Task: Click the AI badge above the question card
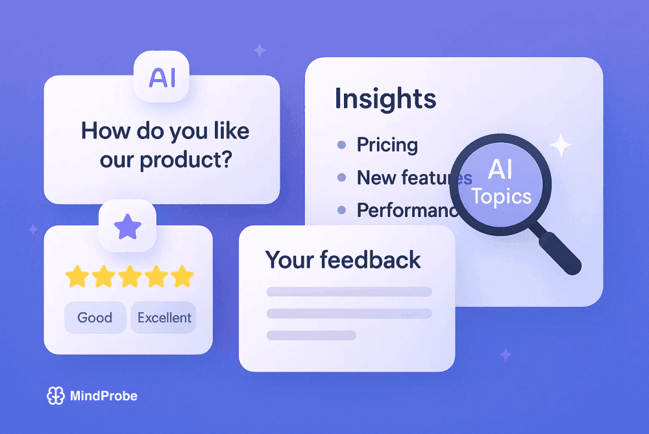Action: (162, 77)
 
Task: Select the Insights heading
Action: (386, 99)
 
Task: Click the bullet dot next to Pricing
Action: (341, 145)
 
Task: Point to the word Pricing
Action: (387, 145)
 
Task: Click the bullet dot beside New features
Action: (341, 177)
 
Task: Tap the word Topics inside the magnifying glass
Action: (501, 196)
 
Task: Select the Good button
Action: (95, 318)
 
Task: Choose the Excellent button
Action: (164, 318)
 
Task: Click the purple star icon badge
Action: (127, 227)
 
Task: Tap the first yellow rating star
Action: (78, 277)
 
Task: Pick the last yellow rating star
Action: (182, 277)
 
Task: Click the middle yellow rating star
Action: (130, 277)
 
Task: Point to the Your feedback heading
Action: (343, 260)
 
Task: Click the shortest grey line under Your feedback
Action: (312, 335)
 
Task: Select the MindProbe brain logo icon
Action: (56, 396)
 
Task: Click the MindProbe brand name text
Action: (103, 396)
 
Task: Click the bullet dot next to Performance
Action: (341, 210)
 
